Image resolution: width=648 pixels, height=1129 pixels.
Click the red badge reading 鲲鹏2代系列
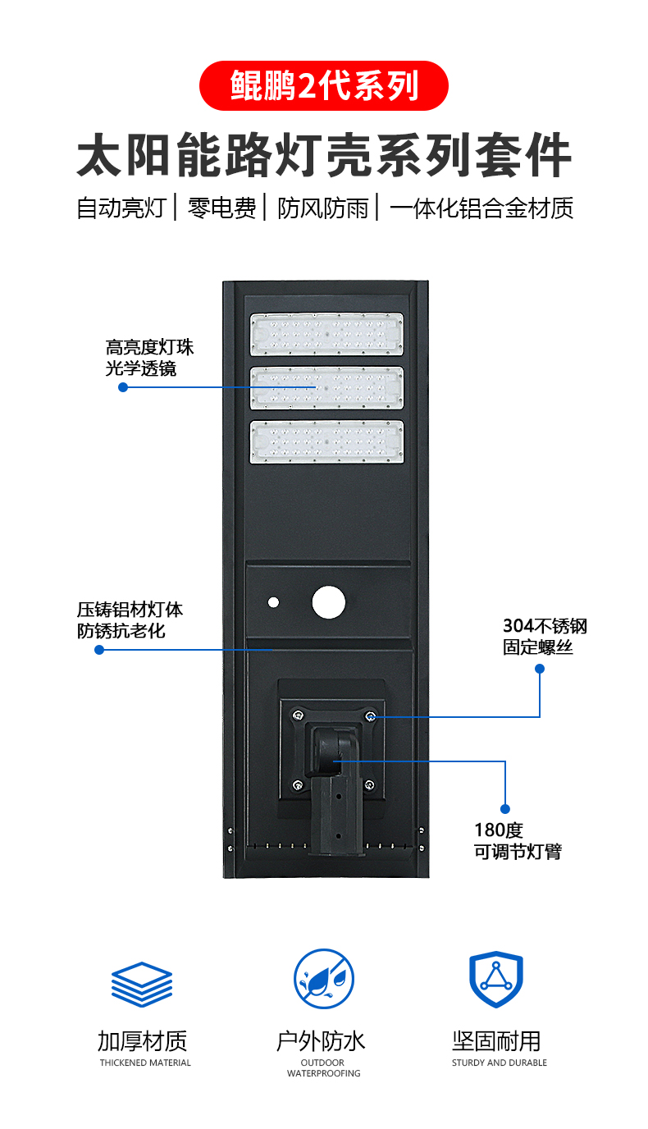coord(324,85)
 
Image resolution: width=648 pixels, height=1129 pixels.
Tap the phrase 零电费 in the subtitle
coord(221,208)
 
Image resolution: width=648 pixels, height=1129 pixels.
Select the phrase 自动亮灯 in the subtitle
coord(121,208)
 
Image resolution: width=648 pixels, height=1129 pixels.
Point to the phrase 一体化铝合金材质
coord(481,208)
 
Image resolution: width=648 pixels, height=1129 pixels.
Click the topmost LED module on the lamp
coord(327,334)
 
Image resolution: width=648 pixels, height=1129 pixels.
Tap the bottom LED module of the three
coord(327,442)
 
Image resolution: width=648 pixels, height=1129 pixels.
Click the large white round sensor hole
coord(329,602)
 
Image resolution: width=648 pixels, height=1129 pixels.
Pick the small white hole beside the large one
coord(273,602)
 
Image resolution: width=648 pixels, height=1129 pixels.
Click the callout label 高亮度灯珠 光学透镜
coord(149,359)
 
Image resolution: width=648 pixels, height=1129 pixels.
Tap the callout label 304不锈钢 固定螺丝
coord(545,637)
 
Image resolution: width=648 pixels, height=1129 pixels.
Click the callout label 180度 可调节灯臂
coord(518,841)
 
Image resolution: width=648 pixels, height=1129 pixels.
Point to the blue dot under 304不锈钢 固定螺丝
coord(540,669)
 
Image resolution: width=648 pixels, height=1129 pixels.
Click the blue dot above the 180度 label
coord(505,808)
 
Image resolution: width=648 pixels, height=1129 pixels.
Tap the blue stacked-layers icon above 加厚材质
coord(142,983)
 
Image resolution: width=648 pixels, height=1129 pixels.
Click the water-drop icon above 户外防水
coord(324,979)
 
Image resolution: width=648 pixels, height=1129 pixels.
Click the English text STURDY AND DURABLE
coord(499,1063)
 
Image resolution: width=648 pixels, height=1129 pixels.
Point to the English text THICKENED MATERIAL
coord(145,1063)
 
